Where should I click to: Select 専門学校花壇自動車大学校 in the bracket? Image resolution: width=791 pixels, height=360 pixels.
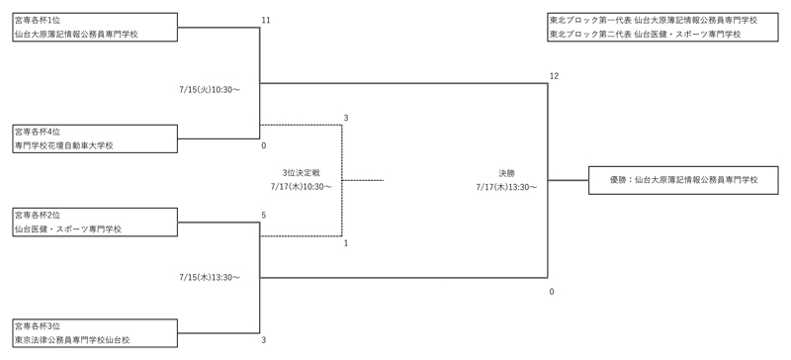[x=64, y=145]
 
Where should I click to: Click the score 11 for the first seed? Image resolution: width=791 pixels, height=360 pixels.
[x=265, y=20]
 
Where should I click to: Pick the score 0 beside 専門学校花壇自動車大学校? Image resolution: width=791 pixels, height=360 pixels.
[x=264, y=145]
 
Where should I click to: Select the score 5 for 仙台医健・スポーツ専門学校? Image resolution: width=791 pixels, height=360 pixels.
[x=264, y=215]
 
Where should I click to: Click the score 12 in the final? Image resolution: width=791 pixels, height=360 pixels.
[x=554, y=76]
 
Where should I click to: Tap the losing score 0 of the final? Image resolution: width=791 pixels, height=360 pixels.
[x=552, y=292]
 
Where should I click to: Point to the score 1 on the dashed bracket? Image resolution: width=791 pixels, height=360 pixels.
[x=346, y=243]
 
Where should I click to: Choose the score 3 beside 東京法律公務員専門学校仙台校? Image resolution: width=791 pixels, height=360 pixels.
[x=264, y=340]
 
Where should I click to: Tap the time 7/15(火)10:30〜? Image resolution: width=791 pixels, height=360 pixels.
[x=211, y=89]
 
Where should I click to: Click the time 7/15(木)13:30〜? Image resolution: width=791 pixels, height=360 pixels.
[x=211, y=277]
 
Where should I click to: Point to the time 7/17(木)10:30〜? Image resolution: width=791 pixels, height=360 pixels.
[x=301, y=185]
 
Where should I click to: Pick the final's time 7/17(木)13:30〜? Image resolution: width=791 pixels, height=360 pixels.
[x=505, y=186]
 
